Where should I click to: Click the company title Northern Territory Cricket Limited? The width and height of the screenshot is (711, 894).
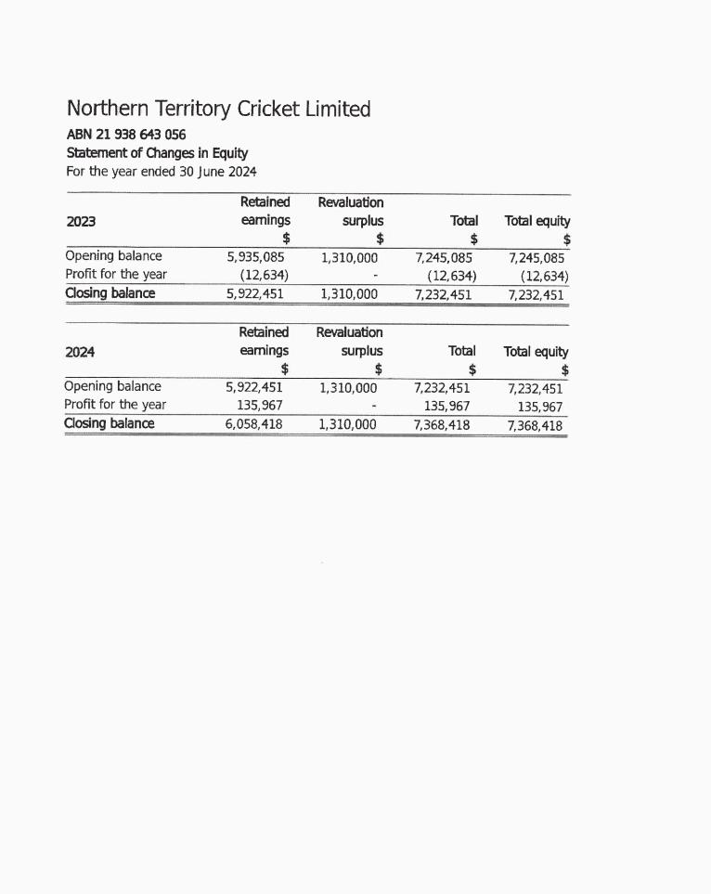(218, 110)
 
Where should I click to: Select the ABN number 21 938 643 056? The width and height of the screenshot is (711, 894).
(126, 135)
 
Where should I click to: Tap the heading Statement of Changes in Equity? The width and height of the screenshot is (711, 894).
(157, 153)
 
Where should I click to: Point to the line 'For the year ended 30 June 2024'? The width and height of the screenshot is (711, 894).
(162, 172)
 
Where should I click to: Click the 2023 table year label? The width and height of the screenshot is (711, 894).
(81, 221)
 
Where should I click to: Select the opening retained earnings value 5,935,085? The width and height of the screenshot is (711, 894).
(255, 256)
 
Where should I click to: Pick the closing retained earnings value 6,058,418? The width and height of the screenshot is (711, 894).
(253, 424)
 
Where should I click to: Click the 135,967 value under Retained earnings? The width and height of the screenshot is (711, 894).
(260, 405)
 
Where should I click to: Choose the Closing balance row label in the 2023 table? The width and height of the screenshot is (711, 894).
(110, 293)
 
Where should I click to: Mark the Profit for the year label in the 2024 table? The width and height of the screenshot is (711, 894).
(115, 405)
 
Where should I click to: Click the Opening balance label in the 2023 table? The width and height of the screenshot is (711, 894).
(113, 256)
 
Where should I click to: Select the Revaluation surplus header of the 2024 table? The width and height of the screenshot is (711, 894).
(349, 342)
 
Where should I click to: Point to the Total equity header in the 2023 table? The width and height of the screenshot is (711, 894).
(537, 221)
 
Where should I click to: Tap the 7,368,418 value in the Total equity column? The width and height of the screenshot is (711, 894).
(535, 426)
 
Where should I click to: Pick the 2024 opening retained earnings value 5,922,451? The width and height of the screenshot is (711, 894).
(253, 387)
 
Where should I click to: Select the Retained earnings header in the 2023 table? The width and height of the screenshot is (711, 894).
(265, 212)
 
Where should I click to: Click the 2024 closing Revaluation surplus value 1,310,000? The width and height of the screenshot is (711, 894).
(348, 424)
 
